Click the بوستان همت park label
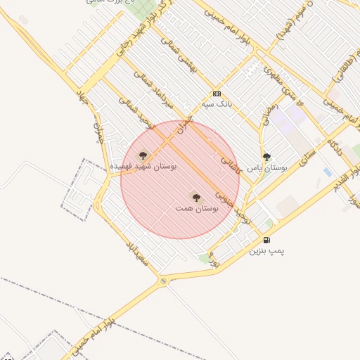point(197,209)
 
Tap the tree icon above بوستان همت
point(195,197)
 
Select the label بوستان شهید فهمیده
point(144,167)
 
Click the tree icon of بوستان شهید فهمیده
point(143,155)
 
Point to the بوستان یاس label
point(268,168)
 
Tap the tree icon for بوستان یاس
point(266,157)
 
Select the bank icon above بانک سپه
point(217,94)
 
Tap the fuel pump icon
point(266,240)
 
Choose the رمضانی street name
point(270,115)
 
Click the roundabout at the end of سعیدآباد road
point(164,281)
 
